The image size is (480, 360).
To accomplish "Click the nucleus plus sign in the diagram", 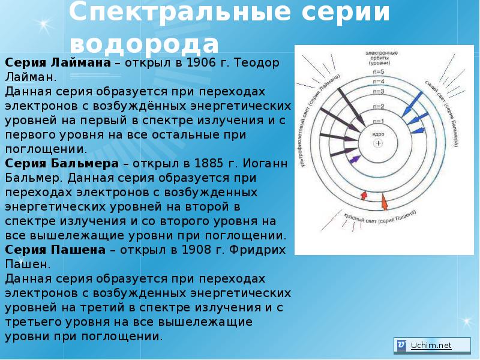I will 377,143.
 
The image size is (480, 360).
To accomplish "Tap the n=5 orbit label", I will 379,72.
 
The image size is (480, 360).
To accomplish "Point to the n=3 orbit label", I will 379,91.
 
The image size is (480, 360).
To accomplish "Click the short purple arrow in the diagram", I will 356,159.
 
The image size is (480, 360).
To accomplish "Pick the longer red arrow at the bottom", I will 384,202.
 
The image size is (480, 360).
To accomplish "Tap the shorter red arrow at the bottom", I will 363,194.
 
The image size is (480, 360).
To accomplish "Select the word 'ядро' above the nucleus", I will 377,134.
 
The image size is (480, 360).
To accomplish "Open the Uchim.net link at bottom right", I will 430,345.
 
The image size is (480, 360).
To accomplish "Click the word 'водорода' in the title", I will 144,44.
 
